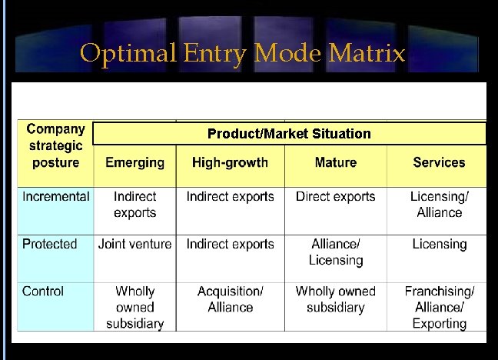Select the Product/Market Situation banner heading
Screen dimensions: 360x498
[289, 134]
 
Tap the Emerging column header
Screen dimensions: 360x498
[134, 162]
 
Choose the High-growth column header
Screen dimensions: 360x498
[230, 162]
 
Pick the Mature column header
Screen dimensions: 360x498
[335, 162]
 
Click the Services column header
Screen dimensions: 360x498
[439, 162]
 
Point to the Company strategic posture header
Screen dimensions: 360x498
[55, 146]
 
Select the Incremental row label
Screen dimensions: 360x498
[55, 197]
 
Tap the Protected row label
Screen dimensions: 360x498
[50, 245]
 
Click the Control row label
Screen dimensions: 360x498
[43, 292]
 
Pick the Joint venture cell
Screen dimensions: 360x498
[134, 245]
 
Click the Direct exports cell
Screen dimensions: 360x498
[335, 197]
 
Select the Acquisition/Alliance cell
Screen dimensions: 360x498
[230, 299]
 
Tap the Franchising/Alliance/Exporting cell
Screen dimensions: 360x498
[439, 307]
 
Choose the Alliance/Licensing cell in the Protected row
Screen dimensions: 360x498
[335, 252]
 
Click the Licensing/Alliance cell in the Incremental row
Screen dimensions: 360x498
[439, 205]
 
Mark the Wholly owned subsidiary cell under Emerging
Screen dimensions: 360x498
[134, 307]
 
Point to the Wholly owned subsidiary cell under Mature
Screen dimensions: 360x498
[335, 299]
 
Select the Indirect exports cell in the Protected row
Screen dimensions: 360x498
[230, 245]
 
